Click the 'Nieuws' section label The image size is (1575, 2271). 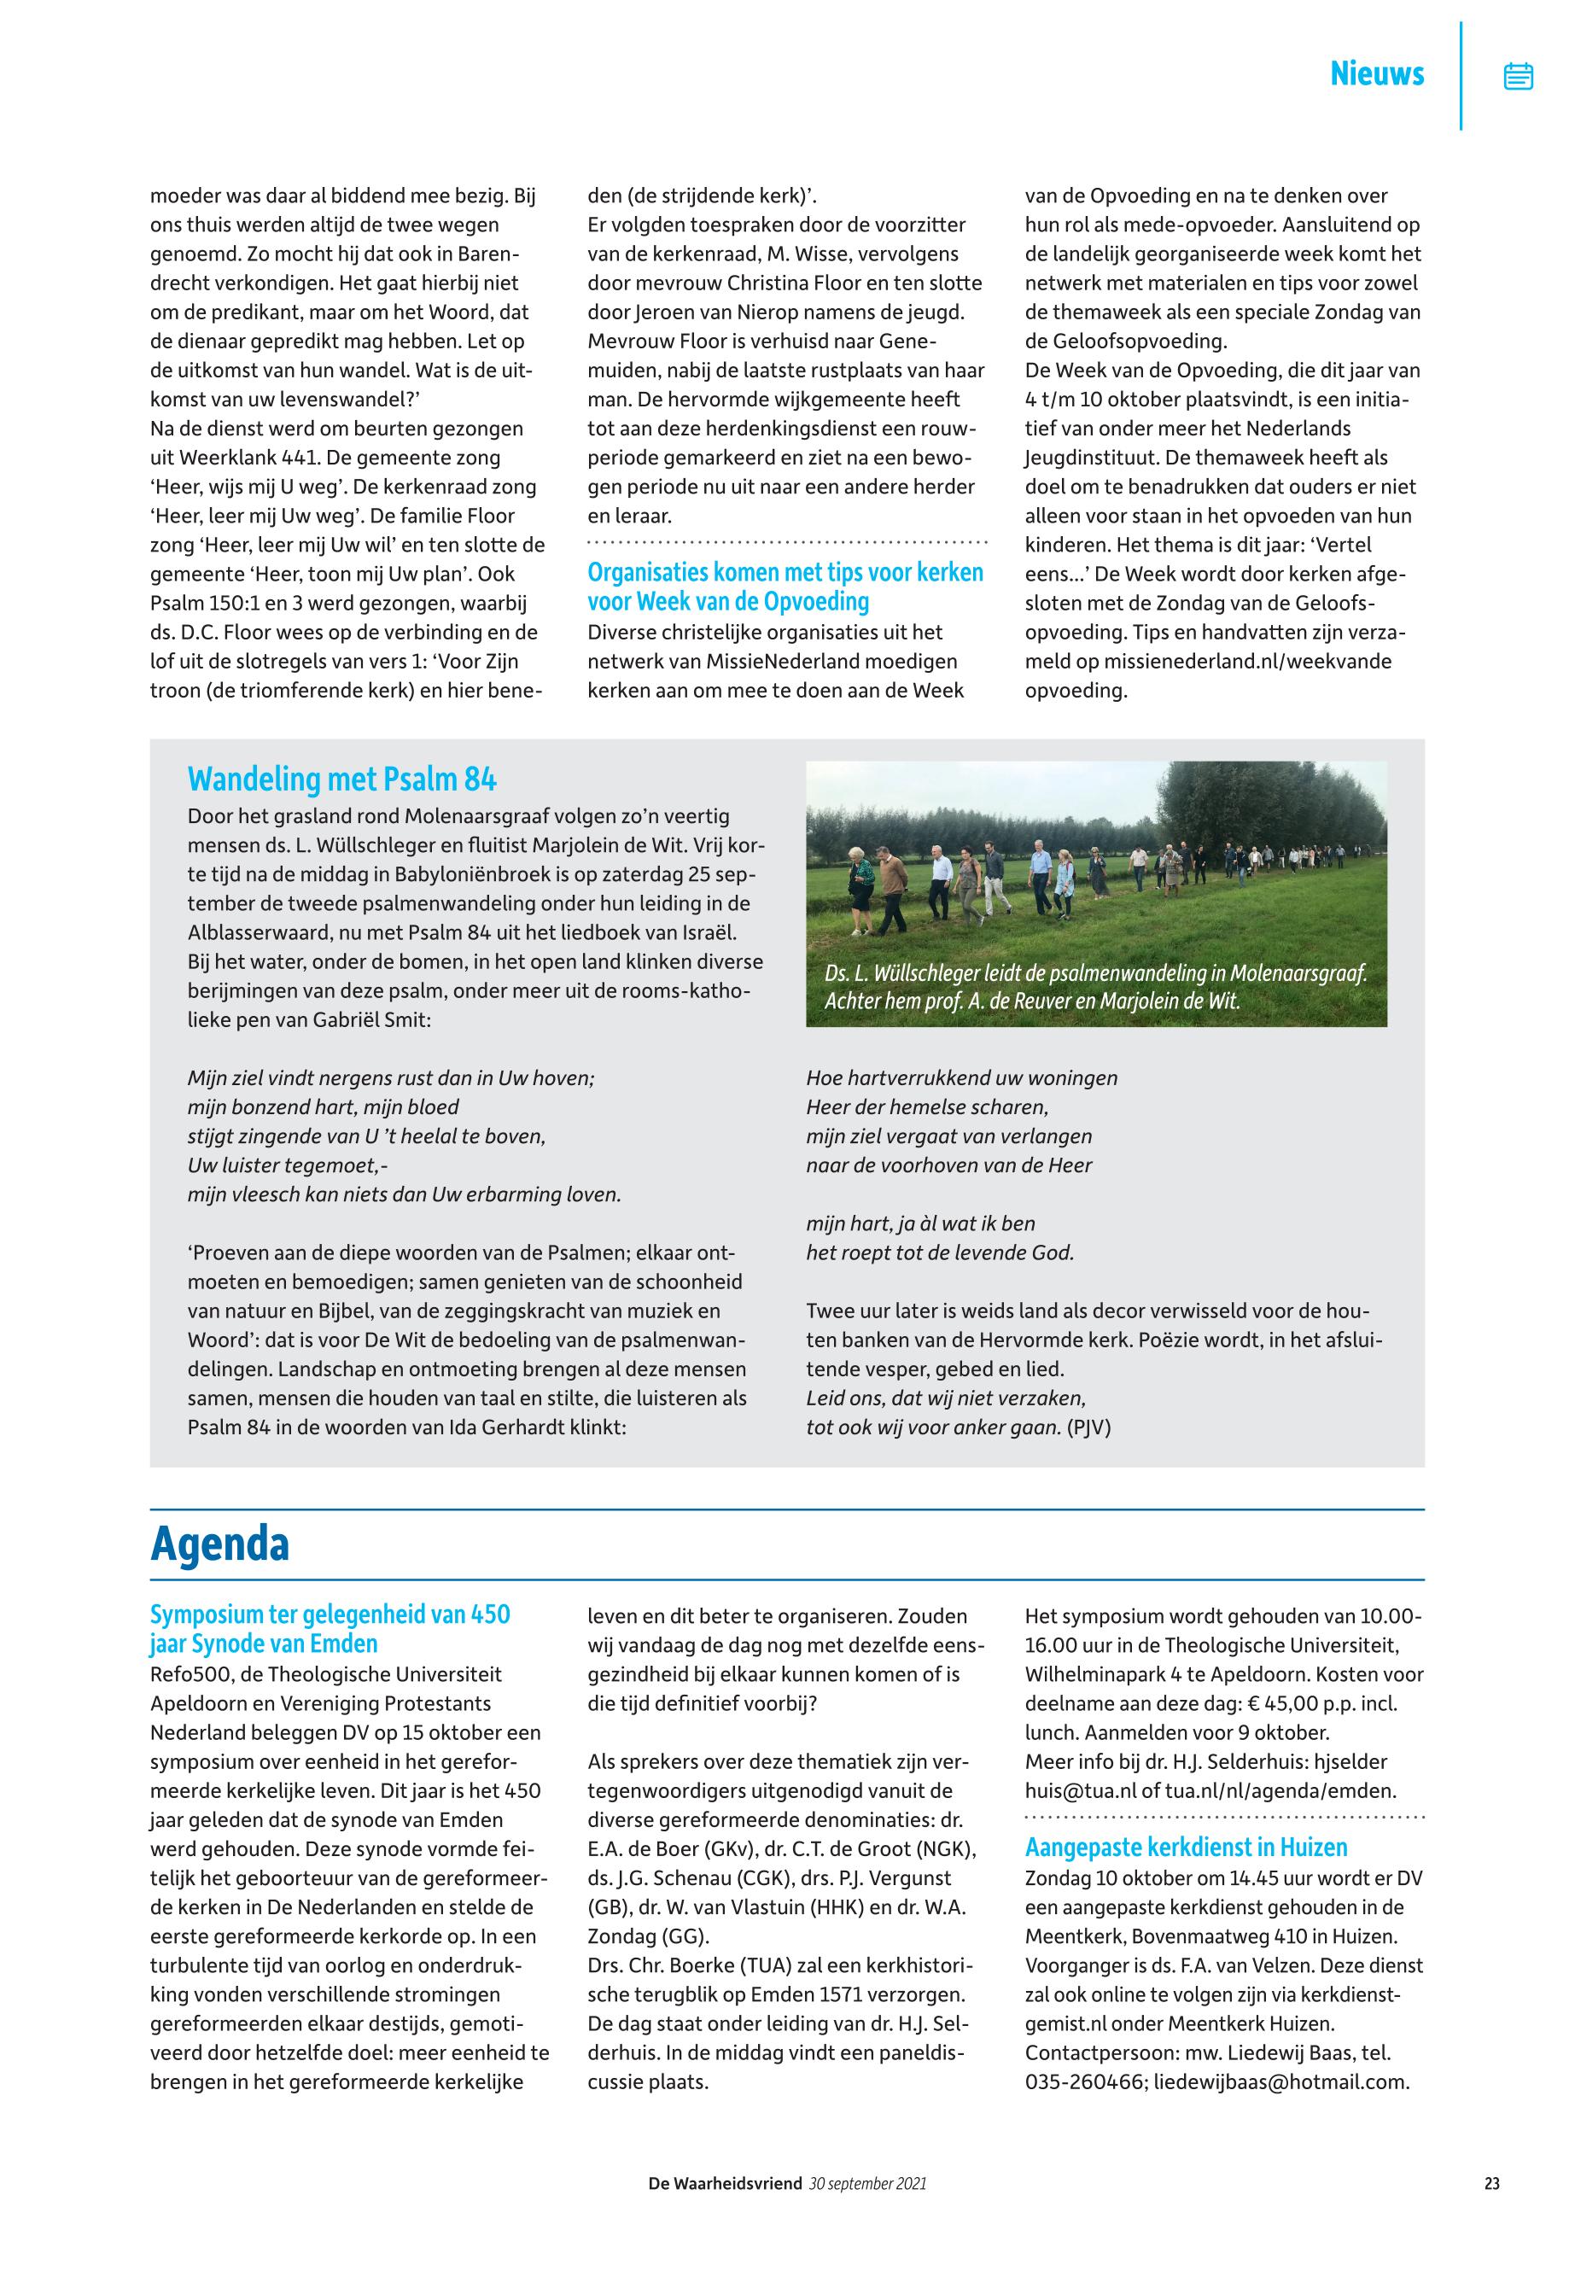tap(1377, 74)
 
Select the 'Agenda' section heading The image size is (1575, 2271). tap(219, 1544)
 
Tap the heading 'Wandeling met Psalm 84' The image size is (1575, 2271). tap(341, 779)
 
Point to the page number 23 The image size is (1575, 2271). tap(1491, 2184)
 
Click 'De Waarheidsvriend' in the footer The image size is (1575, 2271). tap(725, 2184)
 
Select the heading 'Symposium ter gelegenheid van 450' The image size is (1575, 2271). tap(330, 1614)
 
